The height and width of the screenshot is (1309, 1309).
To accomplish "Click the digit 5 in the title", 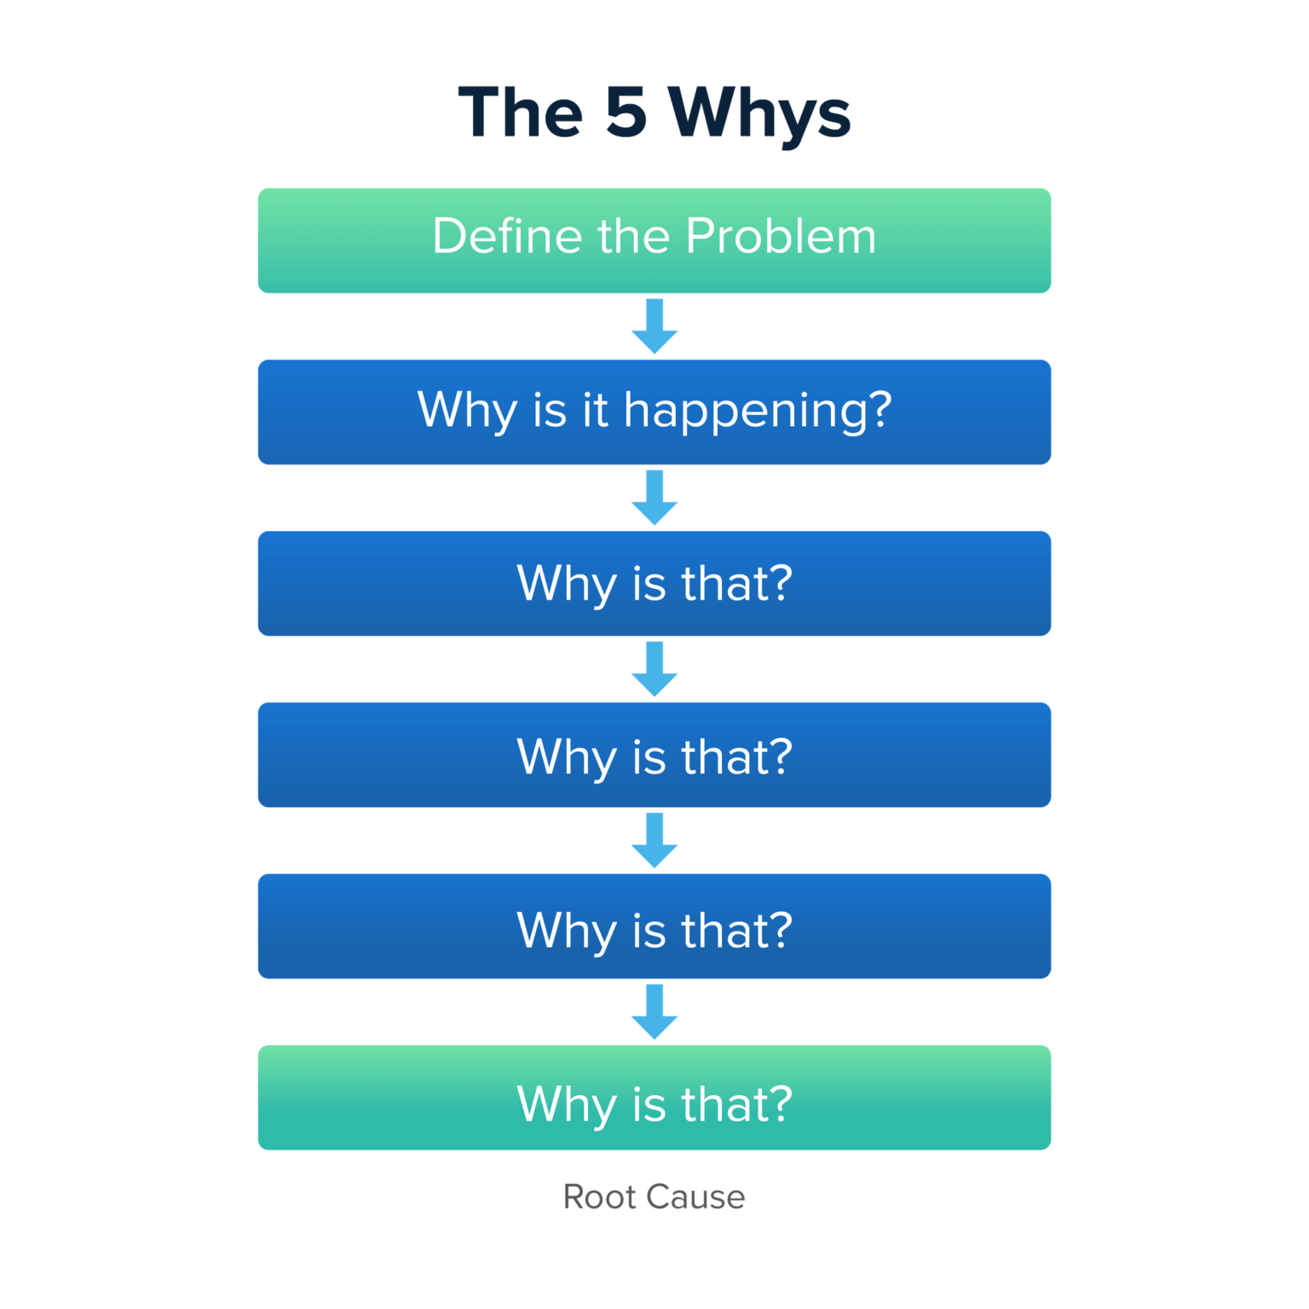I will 626,112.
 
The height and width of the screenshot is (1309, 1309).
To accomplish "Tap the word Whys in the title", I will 758,114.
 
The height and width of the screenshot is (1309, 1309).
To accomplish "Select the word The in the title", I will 521,112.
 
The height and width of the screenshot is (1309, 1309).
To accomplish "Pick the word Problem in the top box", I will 781,236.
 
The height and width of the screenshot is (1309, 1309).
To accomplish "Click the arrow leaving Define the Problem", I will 654,326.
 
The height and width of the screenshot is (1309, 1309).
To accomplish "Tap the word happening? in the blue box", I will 758,411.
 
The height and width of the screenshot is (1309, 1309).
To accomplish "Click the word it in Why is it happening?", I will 595,409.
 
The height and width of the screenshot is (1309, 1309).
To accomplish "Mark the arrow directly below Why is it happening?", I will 654,498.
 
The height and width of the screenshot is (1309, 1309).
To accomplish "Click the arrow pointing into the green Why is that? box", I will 654,1012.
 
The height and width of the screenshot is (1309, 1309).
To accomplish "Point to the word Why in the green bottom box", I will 567,1104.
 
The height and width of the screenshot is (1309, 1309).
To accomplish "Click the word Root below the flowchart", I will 599,1197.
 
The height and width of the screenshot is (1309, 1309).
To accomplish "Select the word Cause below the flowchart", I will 695,1197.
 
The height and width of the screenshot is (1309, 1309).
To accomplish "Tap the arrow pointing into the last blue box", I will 654,841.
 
